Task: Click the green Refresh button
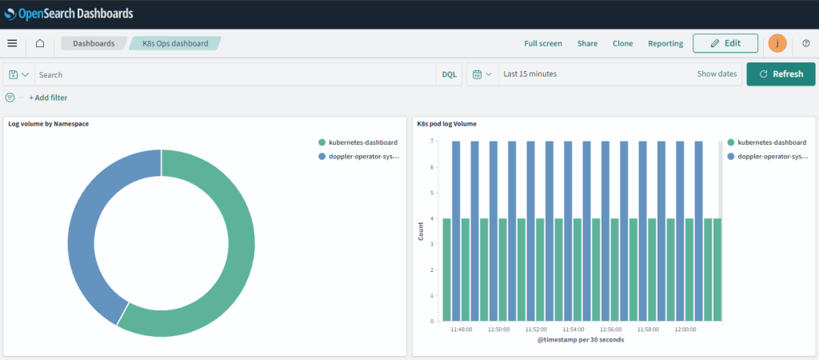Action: (781, 74)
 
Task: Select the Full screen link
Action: (543, 43)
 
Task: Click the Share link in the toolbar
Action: (587, 43)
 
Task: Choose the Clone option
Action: (622, 43)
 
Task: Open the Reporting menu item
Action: (665, 43)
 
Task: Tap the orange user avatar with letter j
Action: (777, 43)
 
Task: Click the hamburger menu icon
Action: (12, 43)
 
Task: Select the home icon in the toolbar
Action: (40, 43)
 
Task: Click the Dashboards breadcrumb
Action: (94, 43)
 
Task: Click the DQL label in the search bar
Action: (449, 74)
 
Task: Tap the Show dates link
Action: (717, 74)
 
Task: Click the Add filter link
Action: (48, 98)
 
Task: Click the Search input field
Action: (232, 74)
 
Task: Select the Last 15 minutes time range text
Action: (529, 74)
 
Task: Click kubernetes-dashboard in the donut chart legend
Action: (362, 142)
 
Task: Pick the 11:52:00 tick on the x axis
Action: (536, 329)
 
